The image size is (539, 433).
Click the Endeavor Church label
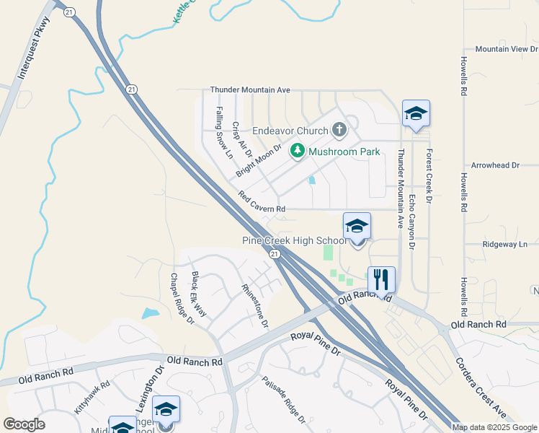[290, 131]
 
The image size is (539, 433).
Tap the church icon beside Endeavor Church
[339, 131]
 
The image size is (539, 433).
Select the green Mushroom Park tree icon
[296, 152]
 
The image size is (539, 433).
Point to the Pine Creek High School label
[293, 240]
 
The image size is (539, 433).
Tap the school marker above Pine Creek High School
[357, 227]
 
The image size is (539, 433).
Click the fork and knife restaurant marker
[380, 279]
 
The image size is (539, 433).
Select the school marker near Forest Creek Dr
[416, 114]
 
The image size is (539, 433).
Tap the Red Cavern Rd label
[262, 203]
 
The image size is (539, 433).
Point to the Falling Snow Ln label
[224, 134]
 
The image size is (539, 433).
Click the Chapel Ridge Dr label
[182, 298]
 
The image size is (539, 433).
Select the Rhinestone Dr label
[255, 307]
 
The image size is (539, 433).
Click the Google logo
[24, 424]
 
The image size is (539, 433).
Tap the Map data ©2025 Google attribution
[494, 427]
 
